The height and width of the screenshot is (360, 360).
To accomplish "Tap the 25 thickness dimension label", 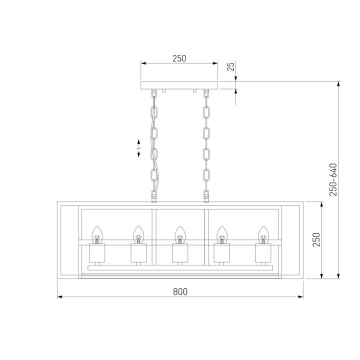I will pos(231,67).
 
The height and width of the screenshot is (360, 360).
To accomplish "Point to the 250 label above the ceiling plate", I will pos(179,58).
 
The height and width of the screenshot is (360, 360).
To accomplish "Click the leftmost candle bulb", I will pos(97,233).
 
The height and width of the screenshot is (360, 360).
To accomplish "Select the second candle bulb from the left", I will pos(138,233).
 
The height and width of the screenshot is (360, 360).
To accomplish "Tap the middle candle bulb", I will pos(179,233).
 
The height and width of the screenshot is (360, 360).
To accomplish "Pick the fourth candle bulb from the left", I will pos(220,233).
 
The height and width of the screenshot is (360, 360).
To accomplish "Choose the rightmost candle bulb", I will pos(262,233).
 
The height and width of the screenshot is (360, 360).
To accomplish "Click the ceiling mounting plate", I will pos(179,84).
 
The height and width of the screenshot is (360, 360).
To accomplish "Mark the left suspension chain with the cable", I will pos(154,145).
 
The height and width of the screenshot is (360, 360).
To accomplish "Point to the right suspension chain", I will pos(205,145).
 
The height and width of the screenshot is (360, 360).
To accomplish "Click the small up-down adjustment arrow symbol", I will pos(139,148).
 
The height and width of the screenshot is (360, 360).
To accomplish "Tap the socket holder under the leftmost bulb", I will pos(97,253).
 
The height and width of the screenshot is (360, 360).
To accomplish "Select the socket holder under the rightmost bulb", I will pos(262,253).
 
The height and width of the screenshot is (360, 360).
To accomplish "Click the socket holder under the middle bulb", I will pos(179,253).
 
